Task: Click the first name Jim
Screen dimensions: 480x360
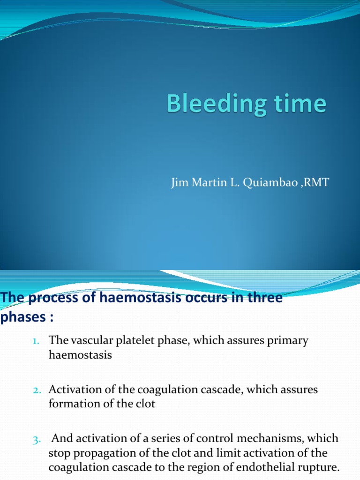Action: [180, 182]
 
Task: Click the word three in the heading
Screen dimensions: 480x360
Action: [263, 298]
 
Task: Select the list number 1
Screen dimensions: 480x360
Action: [37, 342]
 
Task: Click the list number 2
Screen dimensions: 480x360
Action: [37, 390]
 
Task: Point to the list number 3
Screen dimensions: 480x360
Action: [37, 440]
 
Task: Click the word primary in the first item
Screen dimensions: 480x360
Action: [288, 341]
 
